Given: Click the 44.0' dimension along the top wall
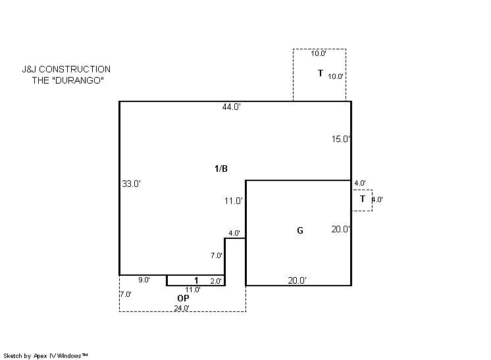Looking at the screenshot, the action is tap(232, 107).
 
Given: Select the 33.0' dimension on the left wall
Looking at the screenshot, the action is tap(131, 184).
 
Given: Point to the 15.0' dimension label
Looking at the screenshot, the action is tap(341, 139).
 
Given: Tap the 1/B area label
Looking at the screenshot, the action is tap(221, 168).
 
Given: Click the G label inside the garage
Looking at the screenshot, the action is tap(300, 231).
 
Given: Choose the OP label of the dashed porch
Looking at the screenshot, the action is tap(183, 298).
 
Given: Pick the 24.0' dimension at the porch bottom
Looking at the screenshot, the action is tap(182, 308).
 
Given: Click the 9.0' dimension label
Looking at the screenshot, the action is tap(144, 280).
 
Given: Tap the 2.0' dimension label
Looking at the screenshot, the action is tap(216, 281).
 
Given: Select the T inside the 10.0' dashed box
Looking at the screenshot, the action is tap(321, 73).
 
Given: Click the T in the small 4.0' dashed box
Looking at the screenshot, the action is tap(363, 199).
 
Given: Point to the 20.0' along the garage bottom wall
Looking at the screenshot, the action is tap(297, 280).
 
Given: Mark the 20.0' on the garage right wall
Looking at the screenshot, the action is tap(341, 229).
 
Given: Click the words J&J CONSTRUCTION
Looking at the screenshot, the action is tap(66, 69).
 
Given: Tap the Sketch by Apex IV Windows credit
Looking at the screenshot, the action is tap(45, 356).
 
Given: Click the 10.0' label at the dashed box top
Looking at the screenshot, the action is tap(319, 53).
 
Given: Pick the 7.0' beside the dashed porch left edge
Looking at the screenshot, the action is tap(126, 294).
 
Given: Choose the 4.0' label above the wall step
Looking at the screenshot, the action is tap(234, 233).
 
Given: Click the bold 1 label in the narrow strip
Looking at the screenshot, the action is tap(196, 280).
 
